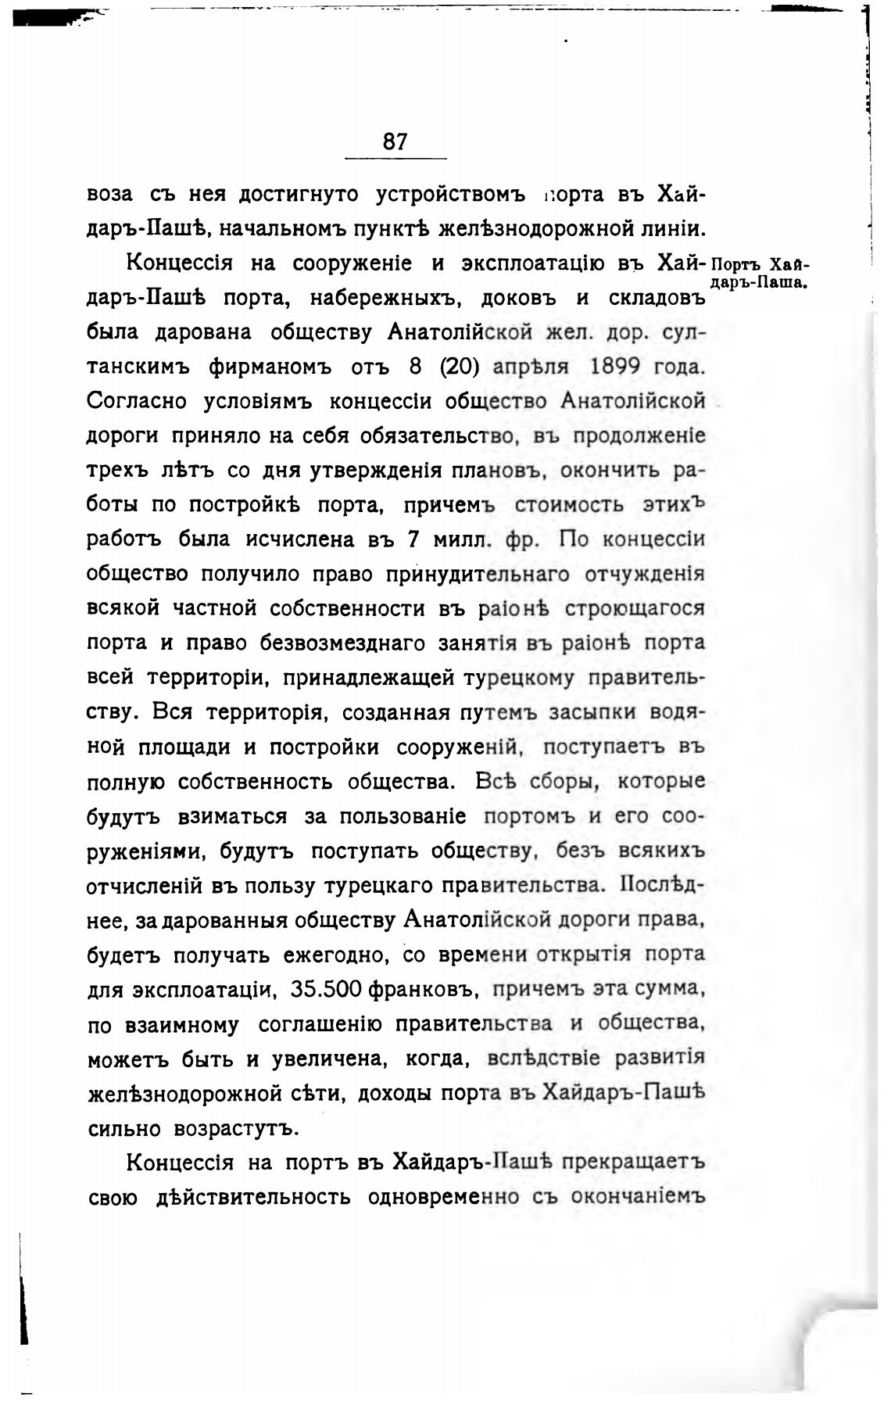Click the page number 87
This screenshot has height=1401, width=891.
395,142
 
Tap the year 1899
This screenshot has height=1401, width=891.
617,367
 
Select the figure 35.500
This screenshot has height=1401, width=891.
326,989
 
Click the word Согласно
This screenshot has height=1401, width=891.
138,401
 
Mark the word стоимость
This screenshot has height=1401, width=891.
569,505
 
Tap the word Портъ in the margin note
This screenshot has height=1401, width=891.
738,263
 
